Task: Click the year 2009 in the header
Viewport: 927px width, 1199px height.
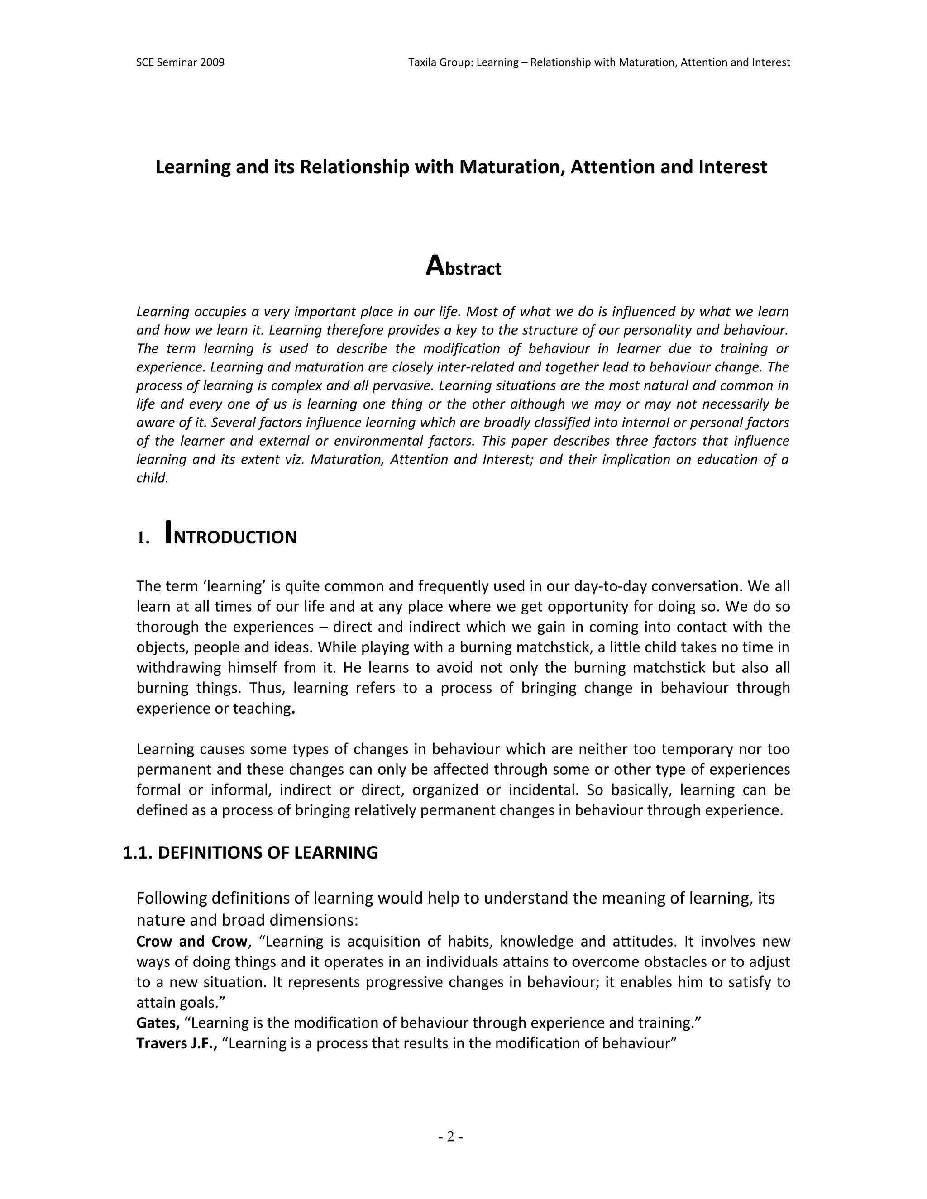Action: point(213,62)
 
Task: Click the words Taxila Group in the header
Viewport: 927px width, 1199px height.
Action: point(440,62)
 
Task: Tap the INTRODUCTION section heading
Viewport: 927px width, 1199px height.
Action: point(231,535)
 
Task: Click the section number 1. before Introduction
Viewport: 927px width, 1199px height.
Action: point(143,538)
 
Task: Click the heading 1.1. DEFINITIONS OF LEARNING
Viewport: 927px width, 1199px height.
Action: point(250,852)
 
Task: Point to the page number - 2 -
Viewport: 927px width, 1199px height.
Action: point(451,1137)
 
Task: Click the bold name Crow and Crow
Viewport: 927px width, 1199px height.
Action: point(191,941)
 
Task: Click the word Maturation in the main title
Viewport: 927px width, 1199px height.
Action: point(512,167)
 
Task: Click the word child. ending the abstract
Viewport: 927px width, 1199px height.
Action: point(152,478)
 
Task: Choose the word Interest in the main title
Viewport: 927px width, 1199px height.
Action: point(733,167)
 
